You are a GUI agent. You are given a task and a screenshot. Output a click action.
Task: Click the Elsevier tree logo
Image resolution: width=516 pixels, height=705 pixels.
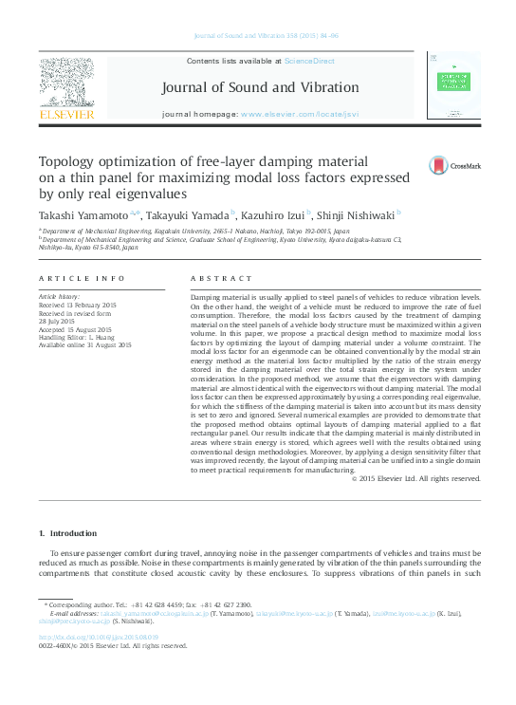tap(65, 82)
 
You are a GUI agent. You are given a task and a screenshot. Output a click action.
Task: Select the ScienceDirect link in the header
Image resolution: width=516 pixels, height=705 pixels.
tap(310, 61)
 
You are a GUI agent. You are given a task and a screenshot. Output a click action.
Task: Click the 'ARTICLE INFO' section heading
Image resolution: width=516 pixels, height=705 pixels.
tap(83, 279)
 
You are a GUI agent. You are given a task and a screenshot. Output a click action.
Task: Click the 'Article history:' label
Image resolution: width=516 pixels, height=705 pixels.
tap(59, 297)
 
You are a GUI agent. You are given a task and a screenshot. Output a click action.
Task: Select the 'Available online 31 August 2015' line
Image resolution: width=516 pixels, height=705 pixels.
tap(84, 344)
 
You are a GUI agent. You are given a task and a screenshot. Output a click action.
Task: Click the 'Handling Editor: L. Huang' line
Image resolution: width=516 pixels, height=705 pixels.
tap(77, 336)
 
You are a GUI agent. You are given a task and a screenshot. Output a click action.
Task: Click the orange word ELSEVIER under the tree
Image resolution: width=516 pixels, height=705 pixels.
tap(65, 115)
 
